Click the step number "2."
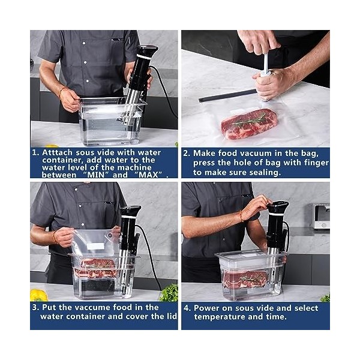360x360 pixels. pyautogui.click(x=186, y=153)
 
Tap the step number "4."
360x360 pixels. pyautogui.click(x=186, y=307)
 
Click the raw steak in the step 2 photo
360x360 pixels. pyautogui.click(x=249, y=123)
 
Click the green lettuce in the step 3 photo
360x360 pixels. pyautogui.click(x=169, y=293)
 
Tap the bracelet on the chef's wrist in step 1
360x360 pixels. pyautogui.click(x=61, y=92)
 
